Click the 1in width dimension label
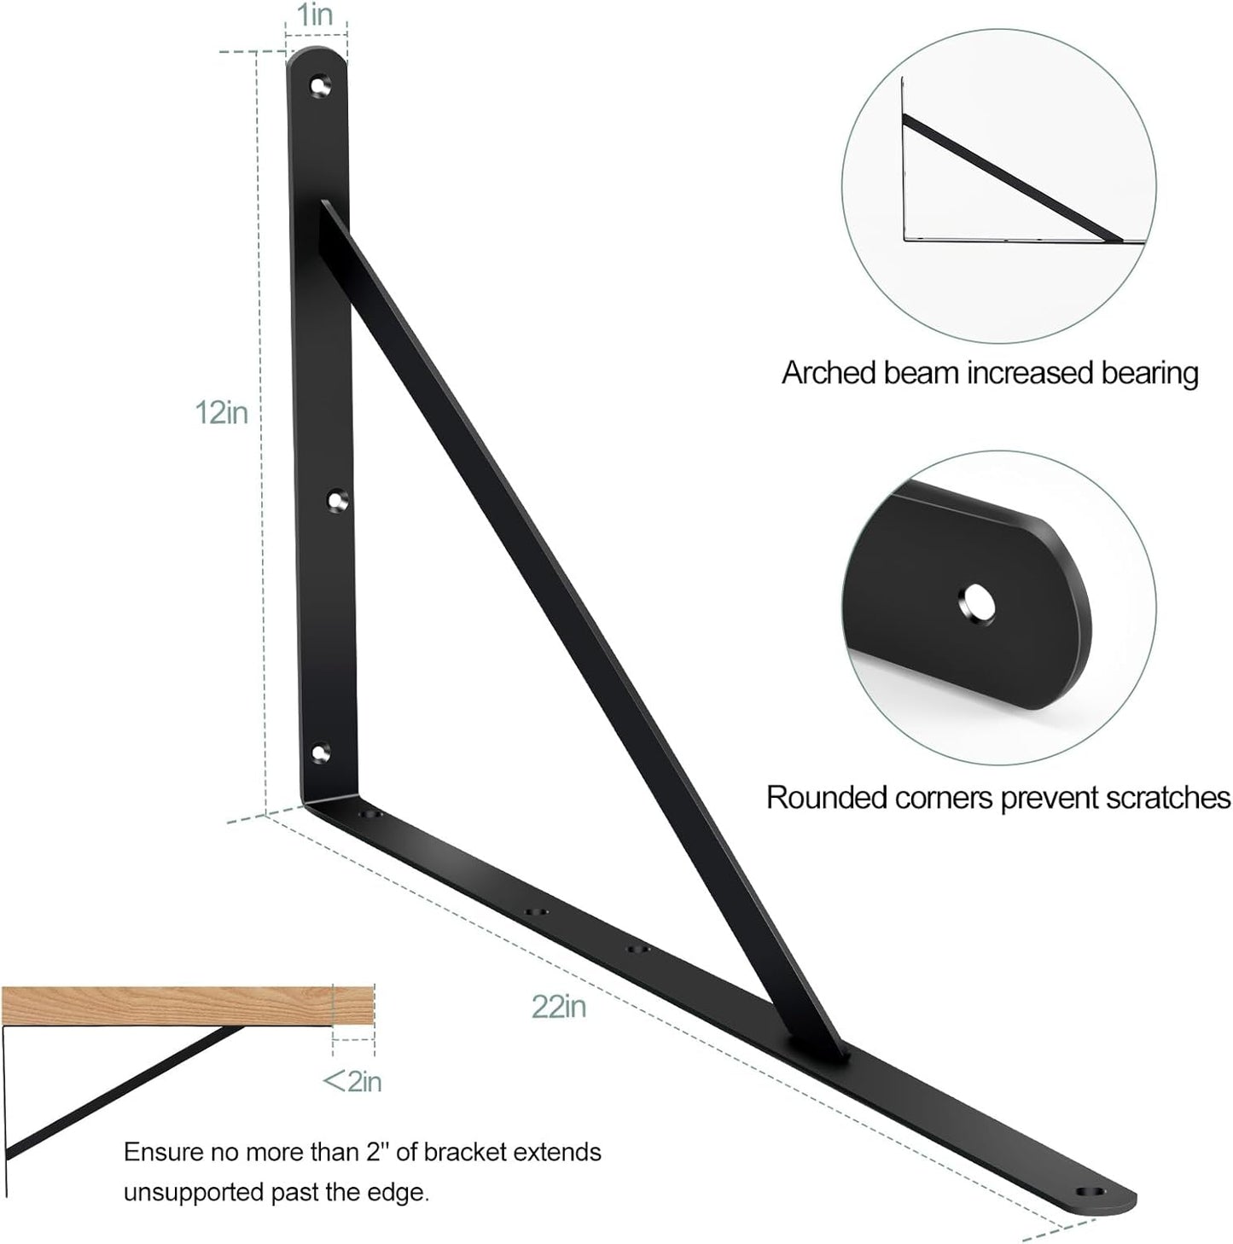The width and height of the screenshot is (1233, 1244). coord(315,15)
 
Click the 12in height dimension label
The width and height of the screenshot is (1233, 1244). coord(222,413)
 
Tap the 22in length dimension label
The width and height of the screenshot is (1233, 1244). coord(559,1007)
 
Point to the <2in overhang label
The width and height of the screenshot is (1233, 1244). coord(352,1082)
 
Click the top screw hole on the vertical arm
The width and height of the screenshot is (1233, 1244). coord(319,86)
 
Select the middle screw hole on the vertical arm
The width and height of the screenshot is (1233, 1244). coord(338,500)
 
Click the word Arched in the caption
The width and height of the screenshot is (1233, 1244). coord(829,374)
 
